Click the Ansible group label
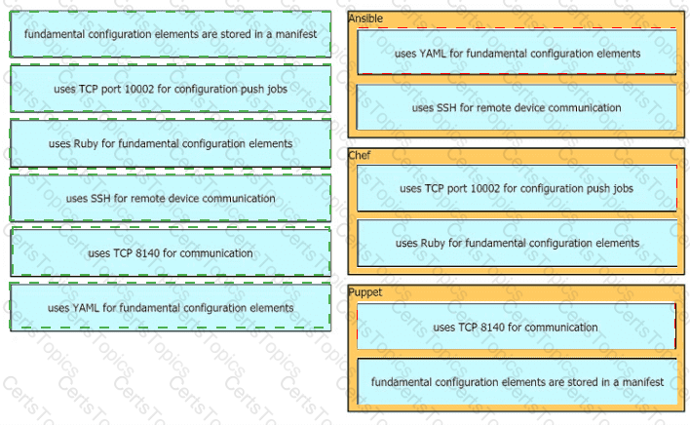click(x=365, y=19)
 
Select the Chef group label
click(x=359, y=155)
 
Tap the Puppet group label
click(x=365, y=292)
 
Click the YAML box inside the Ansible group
click(x=517, y=52)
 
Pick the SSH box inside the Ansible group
click(x=517, y=107)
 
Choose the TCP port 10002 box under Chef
click(x=517, y=188)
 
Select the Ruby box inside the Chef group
click(x=517, y=243)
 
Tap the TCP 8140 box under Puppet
click(x=517, y=327)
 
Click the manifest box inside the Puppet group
click(x=517, y=381)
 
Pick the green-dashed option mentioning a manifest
click(x=171, y=34)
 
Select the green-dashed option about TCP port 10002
click(x=171, y=89)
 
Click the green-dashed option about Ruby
click(x=171, y=143)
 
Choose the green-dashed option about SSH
click(x=171, y=198)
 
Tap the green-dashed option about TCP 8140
click(x=171, y=253)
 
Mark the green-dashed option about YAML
click(x=171, y=307)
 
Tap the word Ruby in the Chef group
click(x=433, y=244)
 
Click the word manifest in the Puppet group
click(x=643, y=382)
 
